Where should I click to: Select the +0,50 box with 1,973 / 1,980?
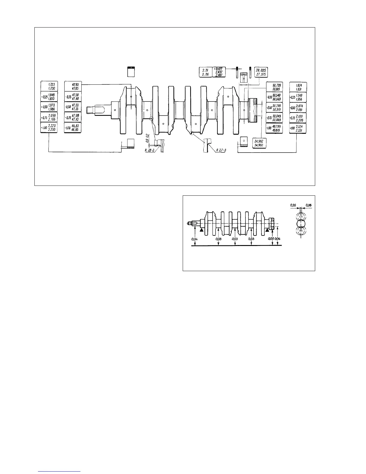[x=49, y=107]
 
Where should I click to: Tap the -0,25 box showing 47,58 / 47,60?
[x=73, y=97]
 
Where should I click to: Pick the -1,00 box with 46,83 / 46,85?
[x=73, y=127]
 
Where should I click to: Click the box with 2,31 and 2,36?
[x=205, y=72]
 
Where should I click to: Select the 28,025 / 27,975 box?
[x=261, y=72]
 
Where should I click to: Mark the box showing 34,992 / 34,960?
[x=260, y=143]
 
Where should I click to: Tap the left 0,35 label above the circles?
[x=293, y=205]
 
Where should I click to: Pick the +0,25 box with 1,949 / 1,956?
[x=298, y=97]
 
